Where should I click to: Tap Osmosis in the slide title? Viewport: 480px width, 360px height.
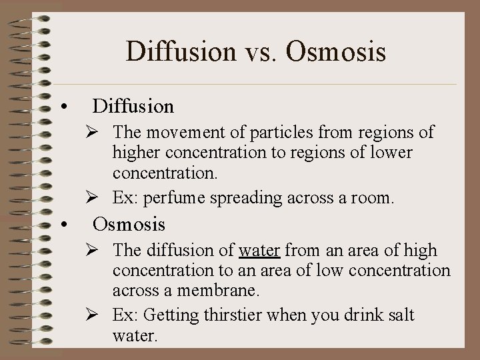pyautogui.click(x=338, y=51)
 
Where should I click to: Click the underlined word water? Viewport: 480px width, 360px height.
pyautogui.click(x=259, y=251)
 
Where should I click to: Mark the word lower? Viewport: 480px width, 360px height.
pyautogui.click(x=392, y=154)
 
